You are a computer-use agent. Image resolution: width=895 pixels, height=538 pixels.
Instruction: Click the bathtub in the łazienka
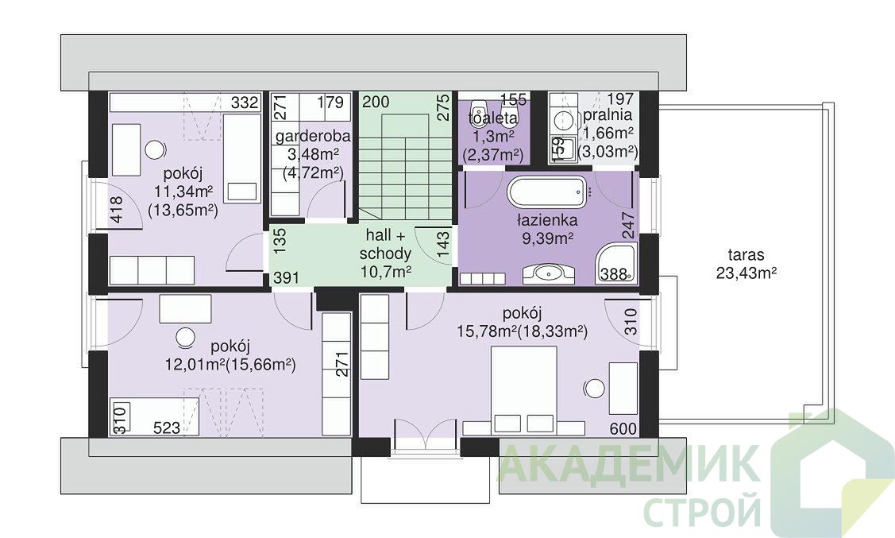pos(547,192)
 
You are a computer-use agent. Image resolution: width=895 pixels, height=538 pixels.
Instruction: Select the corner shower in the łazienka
pos(615,263)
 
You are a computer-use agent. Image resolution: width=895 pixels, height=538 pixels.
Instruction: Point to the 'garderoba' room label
pos(313,137)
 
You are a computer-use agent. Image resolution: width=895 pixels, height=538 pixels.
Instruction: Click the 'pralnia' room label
pos(608,115)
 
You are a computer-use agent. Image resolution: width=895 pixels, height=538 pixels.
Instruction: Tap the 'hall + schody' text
pos(385,245)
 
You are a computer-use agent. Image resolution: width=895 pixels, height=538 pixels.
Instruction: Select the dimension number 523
pos(167,428)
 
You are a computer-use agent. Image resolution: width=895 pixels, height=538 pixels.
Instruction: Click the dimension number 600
pos(623,428)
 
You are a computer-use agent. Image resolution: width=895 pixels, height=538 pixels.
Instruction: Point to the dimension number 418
pos(116,210)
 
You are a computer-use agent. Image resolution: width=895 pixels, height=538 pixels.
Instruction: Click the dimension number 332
pos(245,103)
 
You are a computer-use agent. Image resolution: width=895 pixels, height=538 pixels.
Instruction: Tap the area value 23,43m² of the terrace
pos(746,273)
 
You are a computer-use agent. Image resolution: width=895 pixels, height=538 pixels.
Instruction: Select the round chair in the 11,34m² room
pos(156,150)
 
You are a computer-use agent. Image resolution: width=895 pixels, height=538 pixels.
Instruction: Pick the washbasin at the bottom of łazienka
pos(548,273)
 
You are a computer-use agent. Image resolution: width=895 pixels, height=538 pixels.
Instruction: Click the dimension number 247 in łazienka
pos(627,226)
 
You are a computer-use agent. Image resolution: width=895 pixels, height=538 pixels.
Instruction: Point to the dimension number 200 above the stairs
pos(376,103)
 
